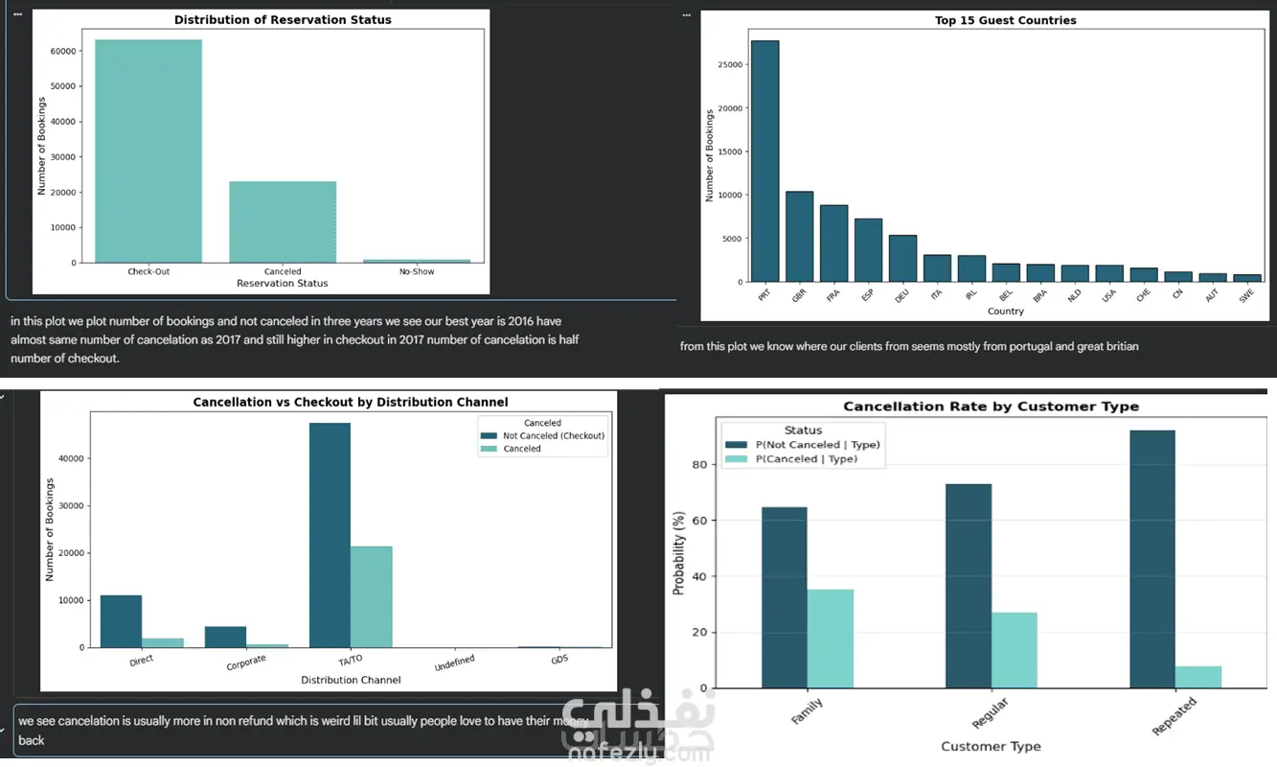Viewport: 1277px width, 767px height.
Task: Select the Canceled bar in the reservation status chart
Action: coord(283,221)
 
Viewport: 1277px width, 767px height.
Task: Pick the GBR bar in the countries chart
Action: coord(799,237)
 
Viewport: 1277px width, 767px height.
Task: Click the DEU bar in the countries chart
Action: coord(902,259)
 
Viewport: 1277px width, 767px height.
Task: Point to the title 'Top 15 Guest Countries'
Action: coord(1005,20)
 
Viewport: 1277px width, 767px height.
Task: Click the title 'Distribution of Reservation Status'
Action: coord(283,19)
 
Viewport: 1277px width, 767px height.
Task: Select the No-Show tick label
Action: coord(416,271)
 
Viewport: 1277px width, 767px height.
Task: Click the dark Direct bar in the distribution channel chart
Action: coord(121,621)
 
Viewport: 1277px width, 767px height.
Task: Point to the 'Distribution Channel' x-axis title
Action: coord(351,680)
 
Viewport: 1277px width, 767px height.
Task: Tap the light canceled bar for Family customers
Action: coord(830,639)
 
